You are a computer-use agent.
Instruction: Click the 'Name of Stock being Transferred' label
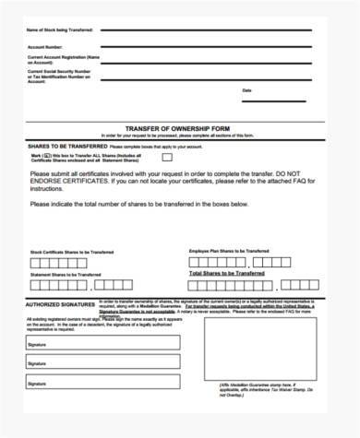(x=60, y=32)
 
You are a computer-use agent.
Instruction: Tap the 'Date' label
(x=246, y=90)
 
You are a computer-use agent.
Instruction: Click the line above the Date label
(x=277, y=84)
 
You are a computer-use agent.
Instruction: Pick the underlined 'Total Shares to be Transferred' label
(x=227, y=274)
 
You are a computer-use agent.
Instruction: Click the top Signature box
(x=102, y=343)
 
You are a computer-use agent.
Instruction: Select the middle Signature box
(x=102, y=363)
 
